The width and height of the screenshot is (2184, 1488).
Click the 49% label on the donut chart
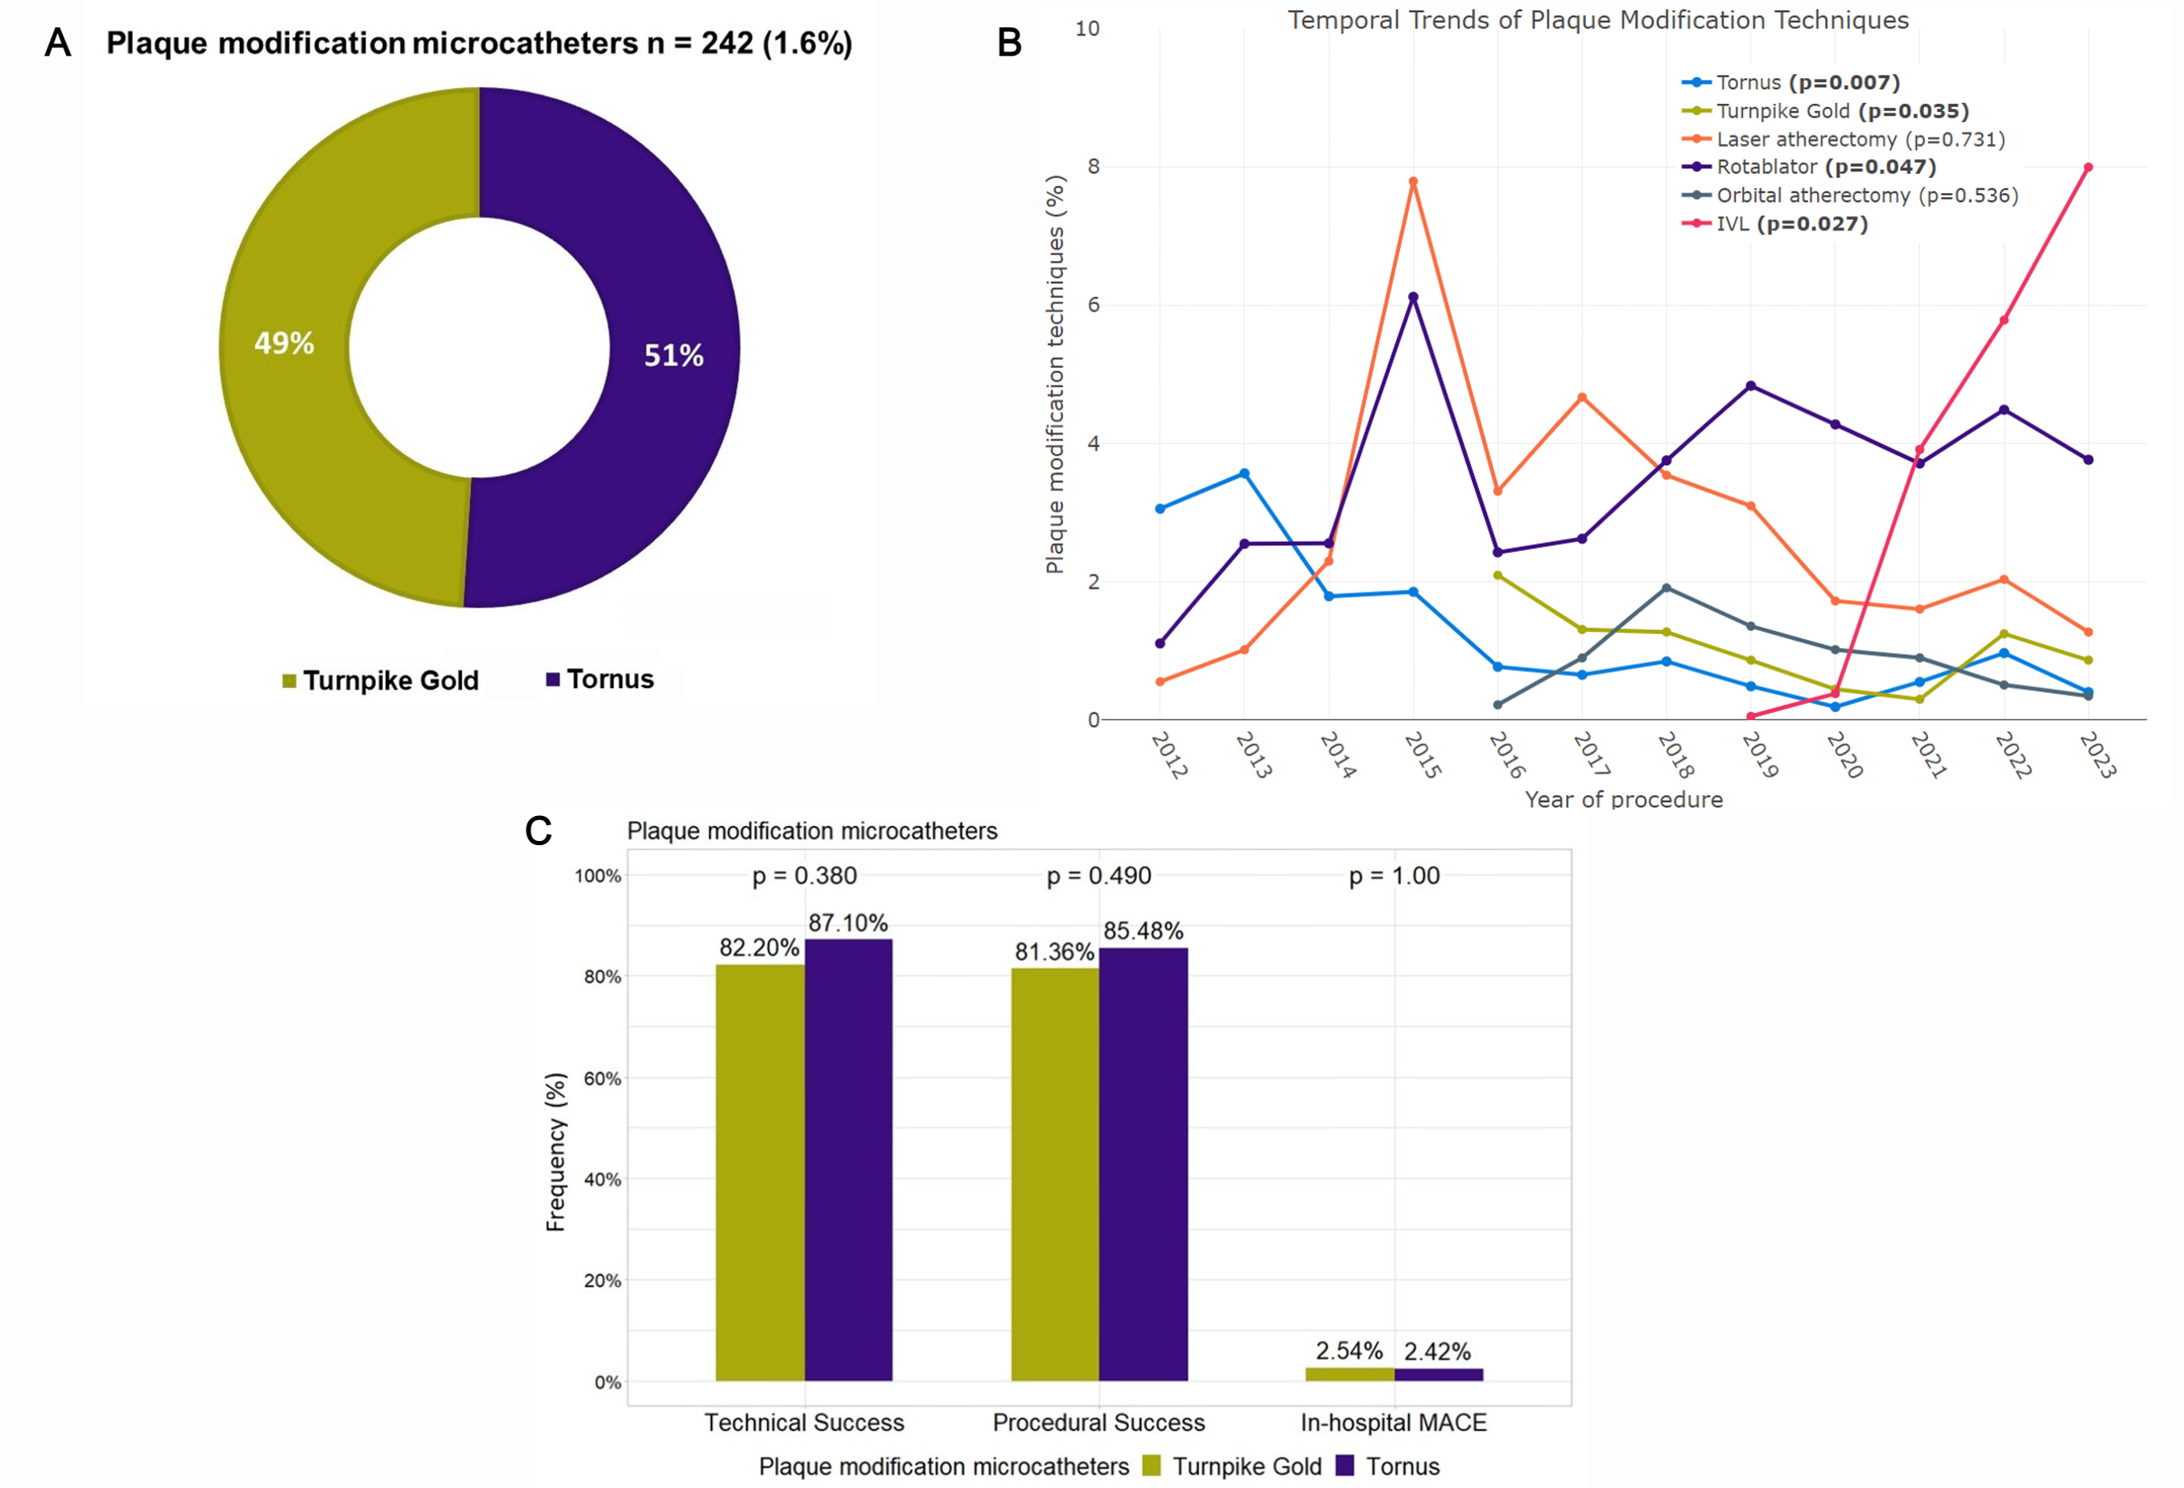tap(284, 343)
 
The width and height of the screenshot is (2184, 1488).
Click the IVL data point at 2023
tap(2088, 167)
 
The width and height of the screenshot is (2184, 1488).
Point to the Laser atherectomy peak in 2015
tap(1413, 181)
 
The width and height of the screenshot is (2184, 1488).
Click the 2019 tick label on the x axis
tap(1759, 756)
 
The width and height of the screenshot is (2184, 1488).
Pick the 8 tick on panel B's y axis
tap(1093, 167)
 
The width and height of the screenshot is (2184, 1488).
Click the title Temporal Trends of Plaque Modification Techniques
tap(1597, 21)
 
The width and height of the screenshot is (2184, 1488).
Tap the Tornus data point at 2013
tap(1244, 474)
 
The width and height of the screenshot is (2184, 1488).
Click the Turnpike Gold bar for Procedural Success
tap(1054, 1174)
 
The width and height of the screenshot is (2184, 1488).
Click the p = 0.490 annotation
tap(1098, 876)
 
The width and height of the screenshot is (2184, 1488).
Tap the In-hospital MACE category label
tap(1393, 1422)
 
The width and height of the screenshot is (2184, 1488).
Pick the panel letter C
tap(538, 831)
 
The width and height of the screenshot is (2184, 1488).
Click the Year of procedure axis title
tap(1623, 800)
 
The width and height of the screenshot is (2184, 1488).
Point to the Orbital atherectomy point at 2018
tap(1667, 588)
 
